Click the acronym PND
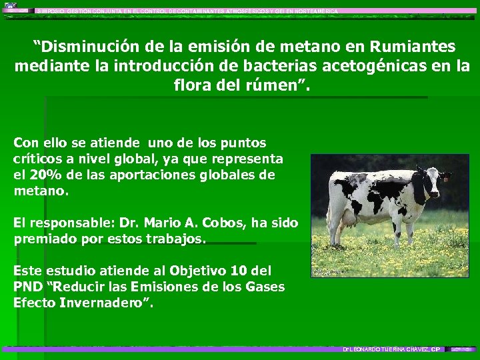(x=27, y=287)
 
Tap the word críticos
(x=39, y=159)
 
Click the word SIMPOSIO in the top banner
(x=51, y=11)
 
